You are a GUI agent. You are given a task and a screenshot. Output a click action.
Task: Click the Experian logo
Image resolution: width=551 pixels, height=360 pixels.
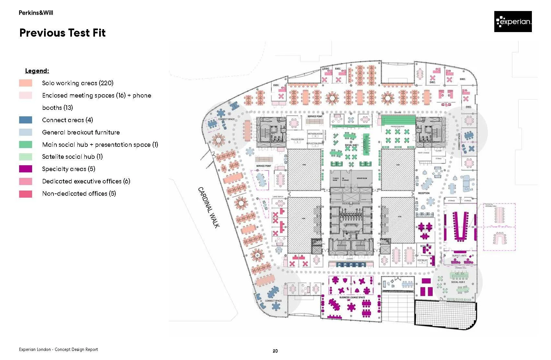coord(513,22)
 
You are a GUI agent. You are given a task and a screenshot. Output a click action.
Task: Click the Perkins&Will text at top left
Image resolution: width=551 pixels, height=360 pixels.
coord(36,13)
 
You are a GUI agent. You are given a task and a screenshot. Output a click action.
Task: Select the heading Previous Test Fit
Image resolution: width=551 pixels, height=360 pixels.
coord(63,33)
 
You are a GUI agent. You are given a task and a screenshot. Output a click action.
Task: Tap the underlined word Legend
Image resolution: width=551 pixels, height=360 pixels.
coord(37,71)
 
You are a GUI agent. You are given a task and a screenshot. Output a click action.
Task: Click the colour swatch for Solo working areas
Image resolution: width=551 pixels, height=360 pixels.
coord(26,83)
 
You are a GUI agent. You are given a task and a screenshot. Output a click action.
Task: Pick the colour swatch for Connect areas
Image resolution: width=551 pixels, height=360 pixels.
coord(26,120)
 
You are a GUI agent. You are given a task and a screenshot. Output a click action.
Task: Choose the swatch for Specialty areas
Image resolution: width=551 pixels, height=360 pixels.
coord(26,169)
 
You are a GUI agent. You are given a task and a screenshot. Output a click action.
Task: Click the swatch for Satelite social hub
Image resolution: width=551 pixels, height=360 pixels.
coord(26,157)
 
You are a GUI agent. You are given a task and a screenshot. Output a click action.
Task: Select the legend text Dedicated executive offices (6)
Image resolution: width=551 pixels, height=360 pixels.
coord(86,181)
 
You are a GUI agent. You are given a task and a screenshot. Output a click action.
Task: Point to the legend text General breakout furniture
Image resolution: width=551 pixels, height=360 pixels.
coord(81,132)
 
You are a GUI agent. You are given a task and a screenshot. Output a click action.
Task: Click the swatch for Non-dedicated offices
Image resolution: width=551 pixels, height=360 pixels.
coord(26,194)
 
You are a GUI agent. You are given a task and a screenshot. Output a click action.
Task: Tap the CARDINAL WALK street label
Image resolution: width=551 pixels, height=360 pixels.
coord(209,207)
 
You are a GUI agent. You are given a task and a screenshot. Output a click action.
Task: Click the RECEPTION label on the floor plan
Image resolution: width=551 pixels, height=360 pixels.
coord(424,193)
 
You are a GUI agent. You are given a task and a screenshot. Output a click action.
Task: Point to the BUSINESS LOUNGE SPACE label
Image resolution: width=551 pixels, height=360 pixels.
coord(352,297)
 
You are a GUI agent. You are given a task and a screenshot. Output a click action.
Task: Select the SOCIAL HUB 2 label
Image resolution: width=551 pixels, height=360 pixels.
coord(458,282)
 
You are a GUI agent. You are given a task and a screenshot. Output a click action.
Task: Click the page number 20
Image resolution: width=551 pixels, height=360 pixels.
coord(275,351)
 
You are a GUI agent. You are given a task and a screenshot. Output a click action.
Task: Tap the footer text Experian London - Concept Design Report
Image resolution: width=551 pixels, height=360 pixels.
coord(58,350)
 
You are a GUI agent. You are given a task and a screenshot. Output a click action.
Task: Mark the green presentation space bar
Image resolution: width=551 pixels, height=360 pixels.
coord(398,119)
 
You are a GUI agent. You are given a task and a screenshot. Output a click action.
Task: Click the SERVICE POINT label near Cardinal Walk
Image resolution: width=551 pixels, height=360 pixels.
coord(264,166)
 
